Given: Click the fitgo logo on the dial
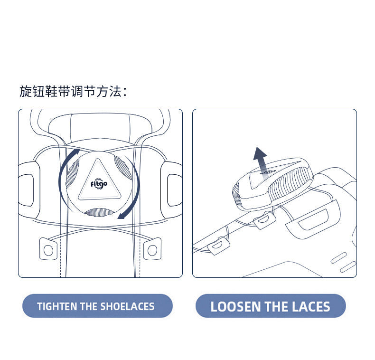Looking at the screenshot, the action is (99, 184).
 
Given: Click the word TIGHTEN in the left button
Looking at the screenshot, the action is (57, 306).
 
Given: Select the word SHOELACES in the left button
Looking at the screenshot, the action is (127, 306).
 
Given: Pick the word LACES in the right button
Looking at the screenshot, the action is (311, 307).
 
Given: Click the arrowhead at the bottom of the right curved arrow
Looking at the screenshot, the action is (122, 216).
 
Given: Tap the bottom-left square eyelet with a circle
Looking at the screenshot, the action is (48, 249).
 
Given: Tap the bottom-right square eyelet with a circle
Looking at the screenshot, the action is (152, 249).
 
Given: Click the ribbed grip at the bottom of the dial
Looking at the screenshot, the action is (99, 212).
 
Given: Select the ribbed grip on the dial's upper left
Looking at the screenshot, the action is (73, 172).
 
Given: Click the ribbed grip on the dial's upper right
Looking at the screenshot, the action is (123, 167).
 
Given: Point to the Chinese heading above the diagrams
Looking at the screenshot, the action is (73, 92).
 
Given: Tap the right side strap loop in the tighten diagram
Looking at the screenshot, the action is (171, 190).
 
